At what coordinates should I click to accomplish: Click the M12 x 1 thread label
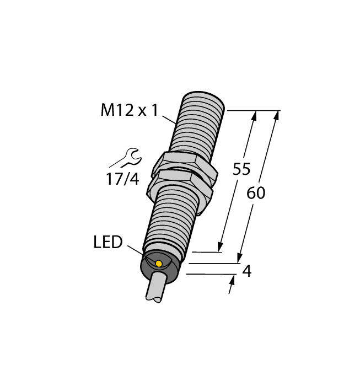[129, 111]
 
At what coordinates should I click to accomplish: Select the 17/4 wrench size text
[122, 179]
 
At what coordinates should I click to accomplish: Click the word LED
[108, 242]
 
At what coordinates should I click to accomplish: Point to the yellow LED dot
[159, 264]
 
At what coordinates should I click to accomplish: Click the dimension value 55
[241, 169]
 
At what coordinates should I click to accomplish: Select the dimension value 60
[256, 193]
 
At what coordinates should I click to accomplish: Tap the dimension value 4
[247, 271]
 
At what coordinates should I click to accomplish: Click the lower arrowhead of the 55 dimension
[221, 247]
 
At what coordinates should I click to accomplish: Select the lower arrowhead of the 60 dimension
[240, 258]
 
